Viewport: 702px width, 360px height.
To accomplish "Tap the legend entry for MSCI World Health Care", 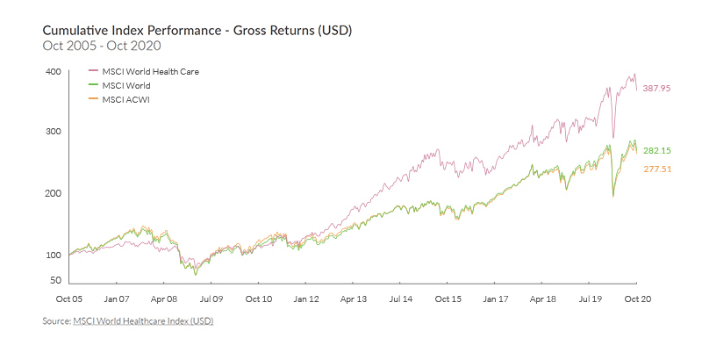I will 151,71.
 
